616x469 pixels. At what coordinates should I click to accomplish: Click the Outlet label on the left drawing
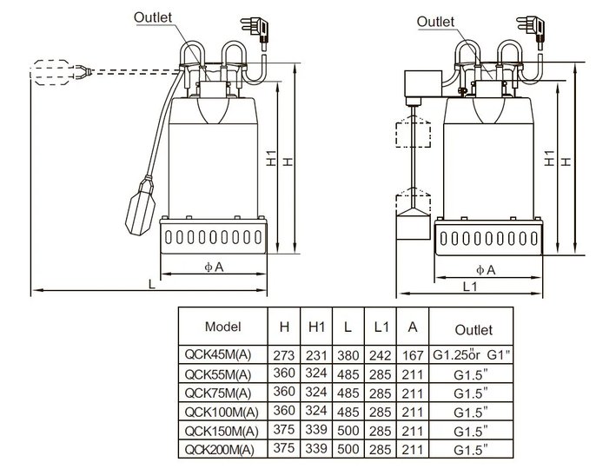[153, 17]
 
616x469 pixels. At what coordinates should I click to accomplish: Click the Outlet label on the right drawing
[435, 22]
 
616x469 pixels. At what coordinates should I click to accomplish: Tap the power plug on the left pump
[255, 33]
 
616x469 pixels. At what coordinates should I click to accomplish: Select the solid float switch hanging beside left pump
[140, 206]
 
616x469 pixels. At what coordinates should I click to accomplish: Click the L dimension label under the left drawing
[152, 284]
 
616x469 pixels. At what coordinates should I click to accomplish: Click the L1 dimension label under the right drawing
[470, 287]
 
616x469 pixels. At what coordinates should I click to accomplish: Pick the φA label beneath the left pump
[214, 268]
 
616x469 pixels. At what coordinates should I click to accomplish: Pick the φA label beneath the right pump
[486, 270]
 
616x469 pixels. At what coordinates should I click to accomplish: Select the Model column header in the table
[222, 327]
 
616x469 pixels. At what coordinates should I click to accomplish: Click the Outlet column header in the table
[474, 329]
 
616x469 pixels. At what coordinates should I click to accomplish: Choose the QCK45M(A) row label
[217, 354]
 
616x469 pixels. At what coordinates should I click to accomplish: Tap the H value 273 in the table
[283, 355]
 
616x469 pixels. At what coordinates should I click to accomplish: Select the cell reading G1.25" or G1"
[471, 354]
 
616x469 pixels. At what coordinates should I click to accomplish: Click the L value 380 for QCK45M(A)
[348, 355]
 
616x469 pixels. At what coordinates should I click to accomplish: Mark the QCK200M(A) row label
[219, 449]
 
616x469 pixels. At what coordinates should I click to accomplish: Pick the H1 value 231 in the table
[316, 355]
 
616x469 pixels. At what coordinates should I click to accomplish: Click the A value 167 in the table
[413, 355]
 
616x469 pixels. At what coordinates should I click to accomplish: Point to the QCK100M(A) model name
[222, 412]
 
